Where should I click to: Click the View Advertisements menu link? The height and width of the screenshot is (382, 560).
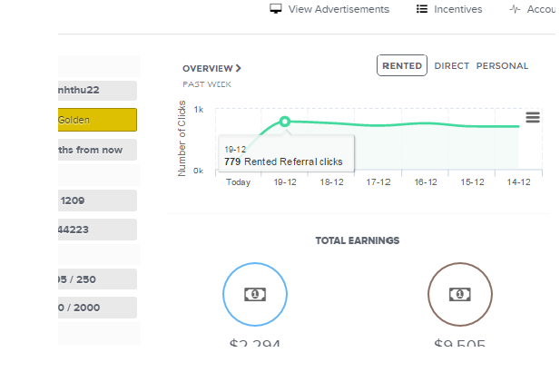tap(329, 9)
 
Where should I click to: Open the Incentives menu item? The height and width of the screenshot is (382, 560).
tap(449, 9)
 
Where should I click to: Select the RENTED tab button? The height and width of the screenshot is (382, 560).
tap(402, 66)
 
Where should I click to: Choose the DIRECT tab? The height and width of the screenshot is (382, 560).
tap(452, 66)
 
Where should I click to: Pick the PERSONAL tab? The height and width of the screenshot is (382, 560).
tap(502, 66)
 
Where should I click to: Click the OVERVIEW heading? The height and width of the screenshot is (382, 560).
tap(211, 68)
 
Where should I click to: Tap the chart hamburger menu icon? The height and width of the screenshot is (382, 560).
tap(533, 117)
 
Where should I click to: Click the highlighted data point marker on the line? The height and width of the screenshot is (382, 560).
tap(285, 122)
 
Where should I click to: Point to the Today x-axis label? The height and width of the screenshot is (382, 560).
tap(238, 181)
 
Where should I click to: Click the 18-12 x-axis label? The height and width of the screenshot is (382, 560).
tap(331, 181)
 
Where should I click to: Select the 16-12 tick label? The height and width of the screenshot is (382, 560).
tap(426, 181)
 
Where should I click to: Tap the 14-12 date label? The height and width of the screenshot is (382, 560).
tap(519, 181)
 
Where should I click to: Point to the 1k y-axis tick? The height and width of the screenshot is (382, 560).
tap(198, 110)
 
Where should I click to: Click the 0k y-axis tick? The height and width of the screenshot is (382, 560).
tap(198, 170)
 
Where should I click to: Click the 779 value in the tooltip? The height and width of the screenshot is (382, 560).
tap(232, 162)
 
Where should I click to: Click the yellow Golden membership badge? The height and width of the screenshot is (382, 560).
tap(96, 120)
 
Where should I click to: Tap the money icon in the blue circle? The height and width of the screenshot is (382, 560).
tap(255, 294)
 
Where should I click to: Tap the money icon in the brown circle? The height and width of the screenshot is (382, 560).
tap(460, 294)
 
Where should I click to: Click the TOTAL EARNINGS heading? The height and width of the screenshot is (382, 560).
tap(357, 240)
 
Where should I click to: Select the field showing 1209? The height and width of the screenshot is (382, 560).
tap(96, 201)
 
